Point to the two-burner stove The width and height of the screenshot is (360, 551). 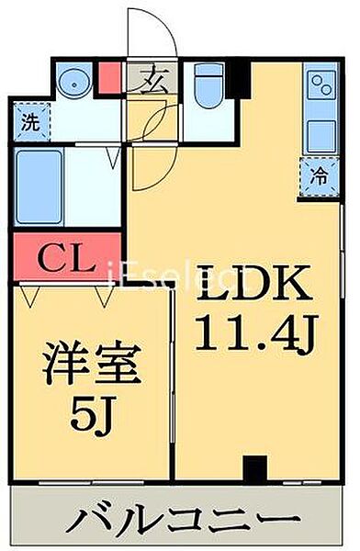[321, 86]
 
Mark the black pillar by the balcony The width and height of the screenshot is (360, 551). [254, 468]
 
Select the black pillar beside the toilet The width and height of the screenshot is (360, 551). [239, 78]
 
